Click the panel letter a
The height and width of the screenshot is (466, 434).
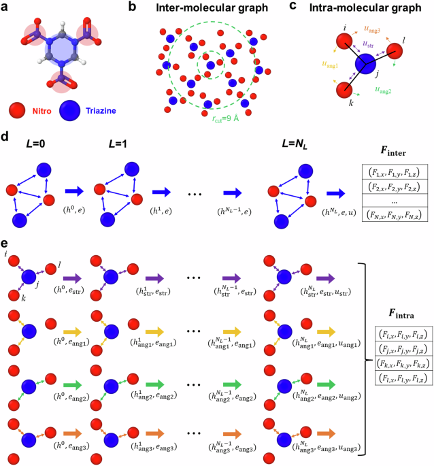click(6, 7)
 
